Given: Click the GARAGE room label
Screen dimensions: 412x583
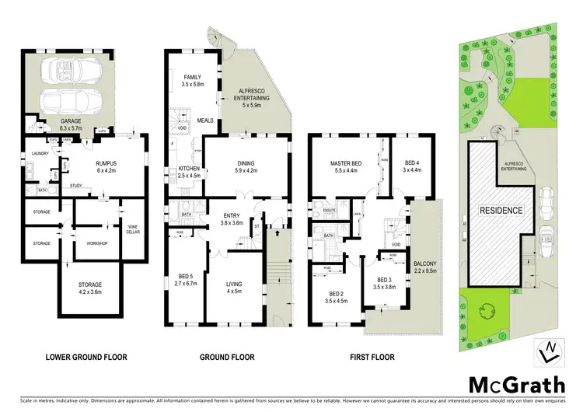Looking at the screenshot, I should point(72,122).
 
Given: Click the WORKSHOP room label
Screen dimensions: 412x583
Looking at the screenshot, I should point(96,243).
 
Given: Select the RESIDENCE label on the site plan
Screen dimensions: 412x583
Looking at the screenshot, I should point(501,210).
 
